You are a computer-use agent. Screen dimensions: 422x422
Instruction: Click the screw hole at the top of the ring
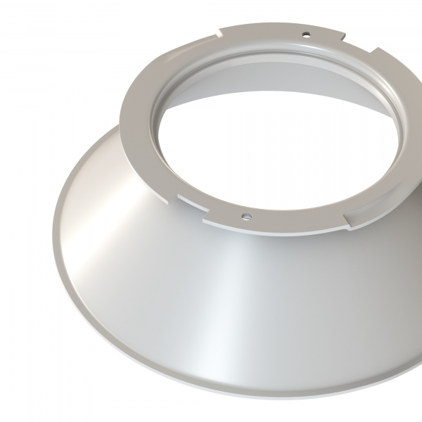(306, 33)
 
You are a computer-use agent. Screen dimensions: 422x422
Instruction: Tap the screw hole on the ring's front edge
(246, 216)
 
